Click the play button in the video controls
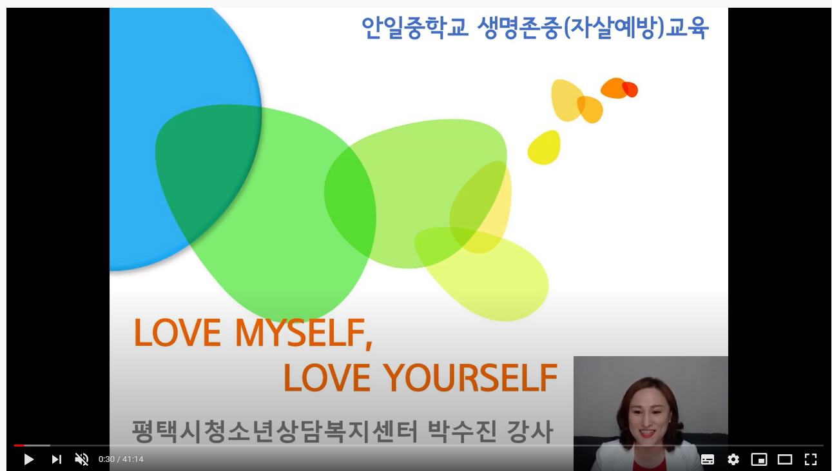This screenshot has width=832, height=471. [28, 459]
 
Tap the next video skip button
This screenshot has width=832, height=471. [57, 459]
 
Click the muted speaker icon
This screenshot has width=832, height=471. [82, 459]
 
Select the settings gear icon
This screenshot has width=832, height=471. [733, 459]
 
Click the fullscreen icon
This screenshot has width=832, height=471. [811, 459]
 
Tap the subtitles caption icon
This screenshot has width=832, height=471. [708, 459]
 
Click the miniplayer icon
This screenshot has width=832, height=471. [759, 459]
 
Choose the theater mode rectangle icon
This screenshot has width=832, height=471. [785, 459]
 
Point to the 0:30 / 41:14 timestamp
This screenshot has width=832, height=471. [121, 459]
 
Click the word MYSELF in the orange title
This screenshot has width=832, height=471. [304, 333]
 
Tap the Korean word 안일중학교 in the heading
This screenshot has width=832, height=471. [415, 28]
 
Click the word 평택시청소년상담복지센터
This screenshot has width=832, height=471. [275, 431]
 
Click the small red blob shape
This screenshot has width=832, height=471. [630, 90]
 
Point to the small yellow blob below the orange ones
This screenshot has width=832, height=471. [544, 148]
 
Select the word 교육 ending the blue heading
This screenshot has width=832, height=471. [687, 28]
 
